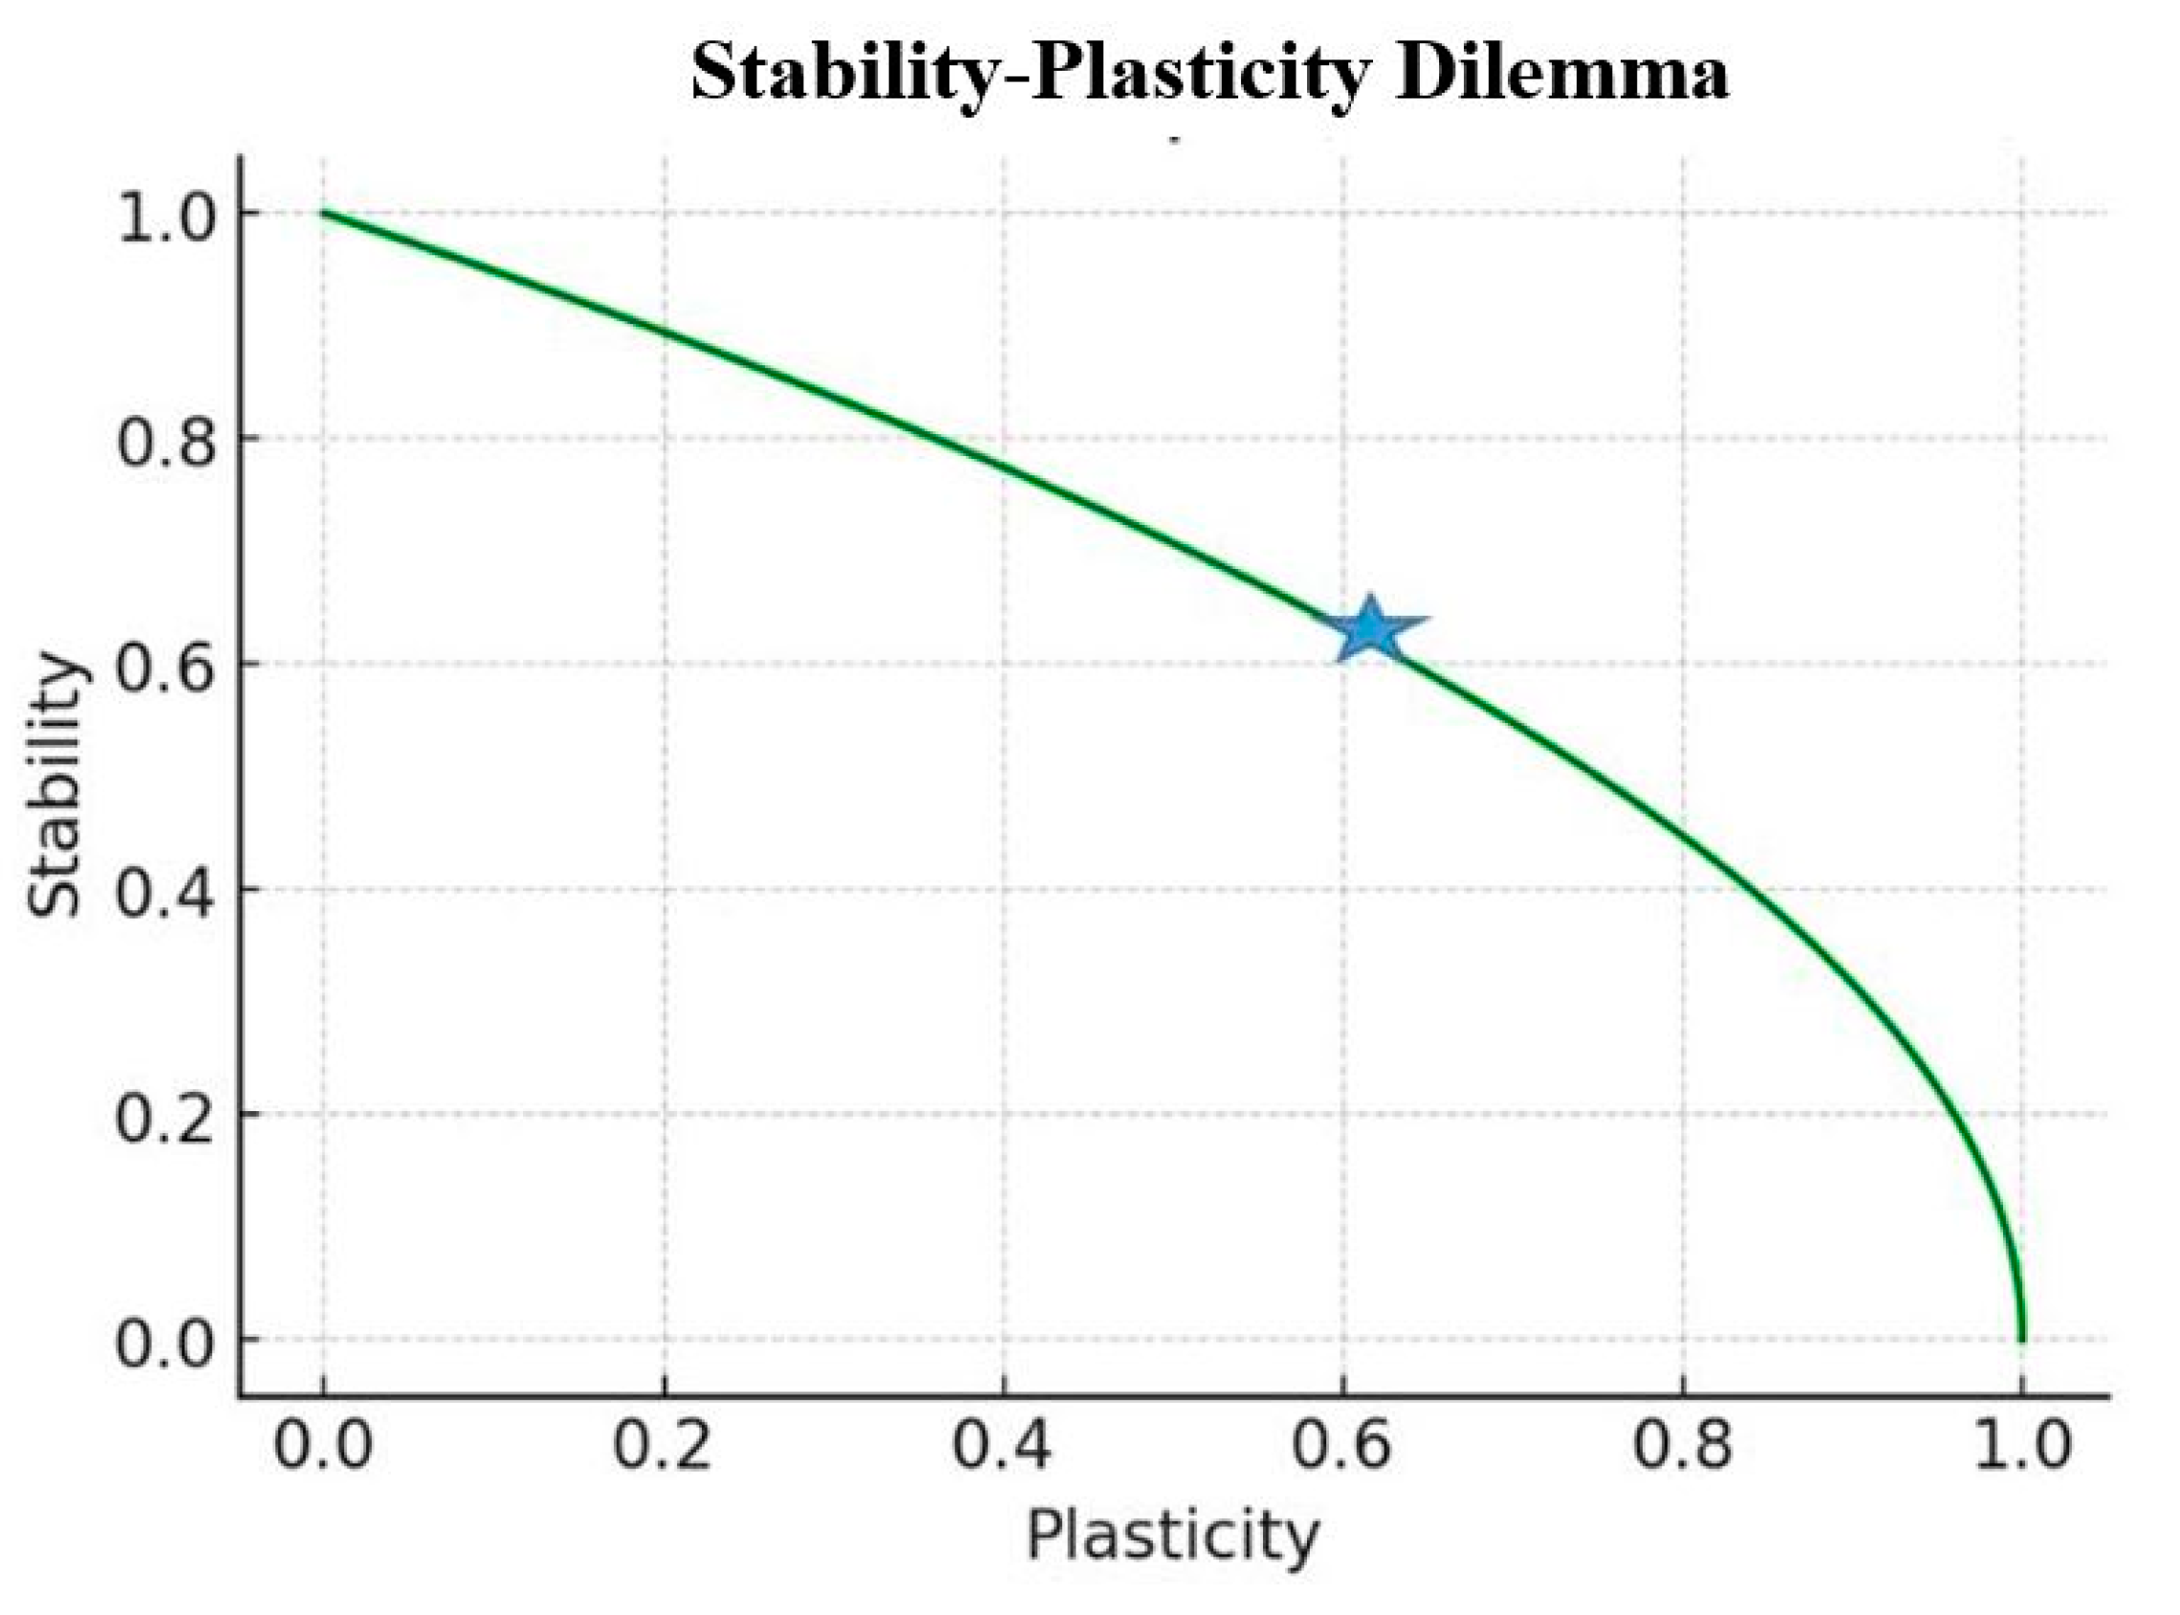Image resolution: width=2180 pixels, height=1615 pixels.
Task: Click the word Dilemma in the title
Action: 1561,74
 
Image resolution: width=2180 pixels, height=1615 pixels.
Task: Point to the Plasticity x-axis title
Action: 1172,1536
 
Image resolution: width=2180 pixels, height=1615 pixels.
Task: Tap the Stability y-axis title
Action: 54,785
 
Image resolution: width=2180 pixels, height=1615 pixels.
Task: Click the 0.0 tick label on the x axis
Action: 322,1445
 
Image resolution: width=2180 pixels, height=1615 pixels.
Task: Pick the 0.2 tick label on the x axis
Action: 663,1445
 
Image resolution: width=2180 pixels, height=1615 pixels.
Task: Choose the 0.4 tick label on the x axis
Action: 1002,1445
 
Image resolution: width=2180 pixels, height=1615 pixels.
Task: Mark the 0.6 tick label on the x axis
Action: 1341,1445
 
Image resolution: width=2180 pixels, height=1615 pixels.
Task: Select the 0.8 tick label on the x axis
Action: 1682,1445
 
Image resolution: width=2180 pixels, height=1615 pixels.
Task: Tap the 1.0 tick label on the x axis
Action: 2021,1445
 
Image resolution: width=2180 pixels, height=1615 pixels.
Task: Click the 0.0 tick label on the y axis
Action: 164,1342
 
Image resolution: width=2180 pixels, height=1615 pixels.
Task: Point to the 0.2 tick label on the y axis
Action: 164,1118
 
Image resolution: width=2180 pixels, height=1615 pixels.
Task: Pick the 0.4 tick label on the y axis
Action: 164,892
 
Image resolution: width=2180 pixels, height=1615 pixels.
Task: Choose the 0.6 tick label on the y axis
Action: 164,666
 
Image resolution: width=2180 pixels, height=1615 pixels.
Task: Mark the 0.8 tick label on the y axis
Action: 164,442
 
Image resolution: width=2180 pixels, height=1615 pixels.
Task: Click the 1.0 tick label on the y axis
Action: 164,217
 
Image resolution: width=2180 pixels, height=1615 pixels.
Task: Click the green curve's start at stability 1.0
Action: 323,212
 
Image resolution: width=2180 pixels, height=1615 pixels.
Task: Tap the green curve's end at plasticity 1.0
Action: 2021,1338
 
